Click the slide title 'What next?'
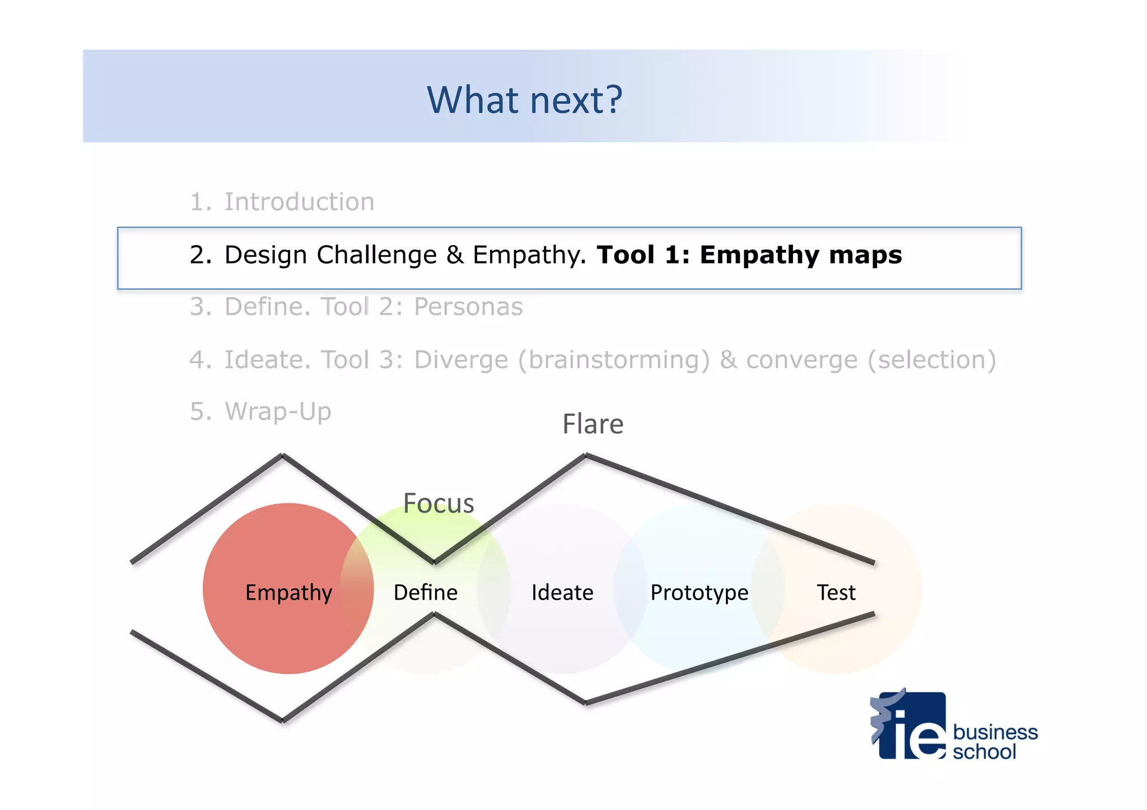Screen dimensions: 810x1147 pyautogui.click(x=524, y=100)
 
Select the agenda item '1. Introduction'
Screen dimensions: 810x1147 pyautogui.click(x=282, y=202)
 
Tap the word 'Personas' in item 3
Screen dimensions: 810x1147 pyautogui.click(x=468, y=307)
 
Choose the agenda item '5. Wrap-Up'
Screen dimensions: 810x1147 pyautogui.click(x=260, y=411)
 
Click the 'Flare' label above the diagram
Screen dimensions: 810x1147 pyautogui.click(x=593, y=424)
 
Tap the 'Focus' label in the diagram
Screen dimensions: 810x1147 pyautogui.click(x=439, y=503)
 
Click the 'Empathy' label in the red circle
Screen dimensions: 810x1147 pyautogui.click(x=288, y=592)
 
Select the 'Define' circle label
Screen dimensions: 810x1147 pyautogui.click(x=426, y=592)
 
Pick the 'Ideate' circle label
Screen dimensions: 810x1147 pyautogui.click(x=562, y=592)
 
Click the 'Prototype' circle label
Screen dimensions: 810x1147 pyautogui.click(x=699, y=592)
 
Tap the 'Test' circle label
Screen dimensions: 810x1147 pyautogui.click(x=836, y=592)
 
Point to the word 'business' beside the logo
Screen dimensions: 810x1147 pyautogui.click(x=995, y=732)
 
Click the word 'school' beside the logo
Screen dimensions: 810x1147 pyautogui.click(x=984, y=752)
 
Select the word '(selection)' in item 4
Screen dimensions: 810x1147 pyautogui.click(x=931, y=360)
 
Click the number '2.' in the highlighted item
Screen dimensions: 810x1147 pyautogui.click(x=201, y=255)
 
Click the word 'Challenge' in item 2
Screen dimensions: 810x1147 pyautogui.click(x=376, y=255)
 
